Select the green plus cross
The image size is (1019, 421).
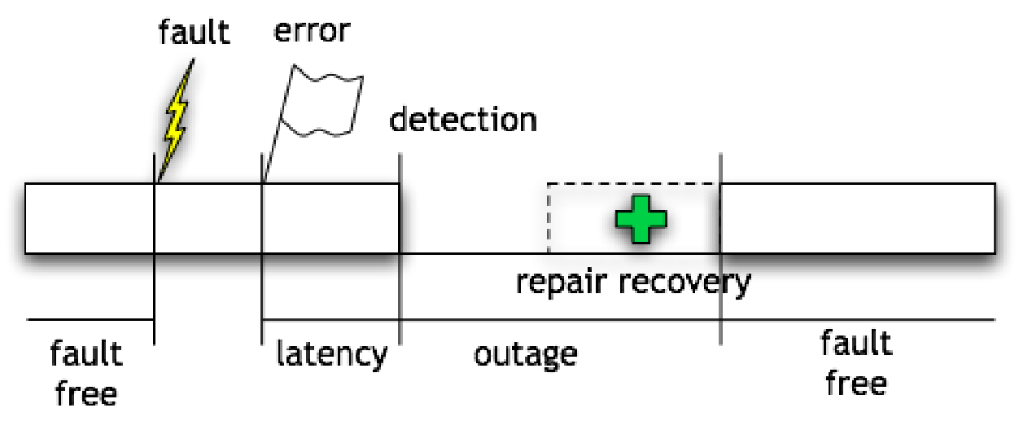pos(641,218)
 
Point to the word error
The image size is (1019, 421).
pos(312,30)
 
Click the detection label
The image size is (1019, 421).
pos(463,119)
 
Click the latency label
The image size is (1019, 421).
pos(331,354)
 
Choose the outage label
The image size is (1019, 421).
pos(526,354)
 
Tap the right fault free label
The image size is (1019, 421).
pos(856,362)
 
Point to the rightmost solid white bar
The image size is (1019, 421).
pos(857,218)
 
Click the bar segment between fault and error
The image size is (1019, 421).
pos(208,218)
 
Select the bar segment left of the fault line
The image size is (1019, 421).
pos(90,218)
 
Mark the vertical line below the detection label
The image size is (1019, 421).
pos(400,244)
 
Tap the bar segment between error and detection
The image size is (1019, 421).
pos(330,218)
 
